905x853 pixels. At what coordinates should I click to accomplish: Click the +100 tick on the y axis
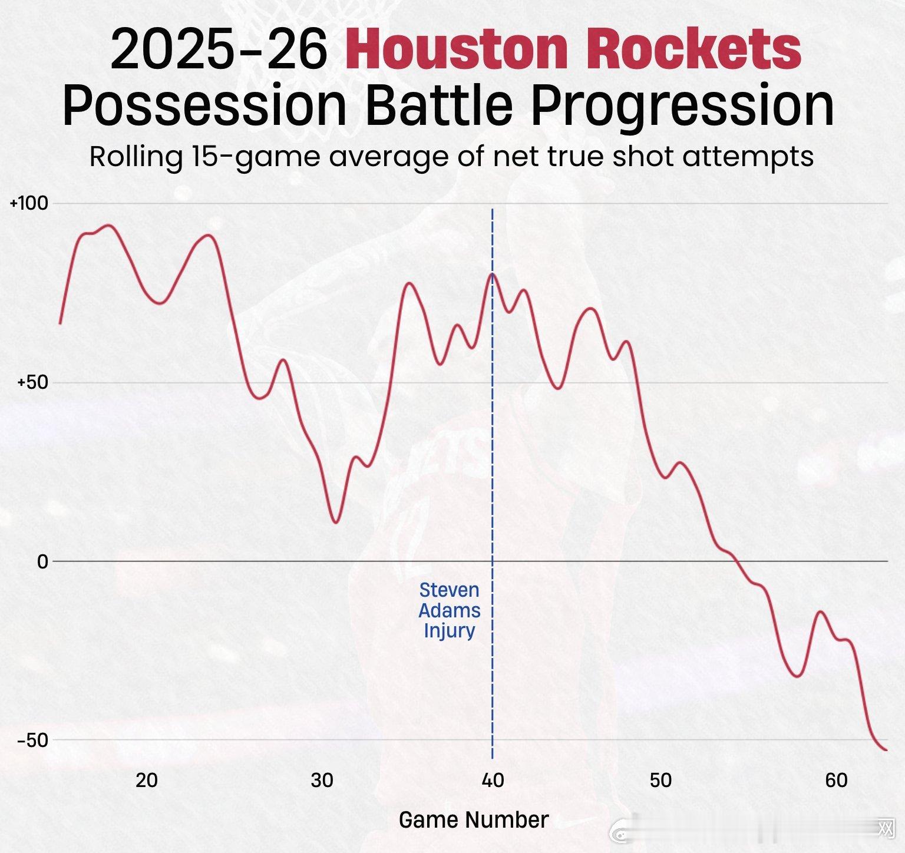28,204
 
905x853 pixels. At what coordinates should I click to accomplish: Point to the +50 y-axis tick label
31,382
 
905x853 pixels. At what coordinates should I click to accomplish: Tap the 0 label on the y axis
42,562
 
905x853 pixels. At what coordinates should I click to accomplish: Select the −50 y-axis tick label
31,740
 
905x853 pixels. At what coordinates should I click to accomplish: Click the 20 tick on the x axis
147,781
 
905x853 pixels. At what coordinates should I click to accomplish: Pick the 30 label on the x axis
322,781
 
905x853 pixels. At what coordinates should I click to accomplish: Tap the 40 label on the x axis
493,781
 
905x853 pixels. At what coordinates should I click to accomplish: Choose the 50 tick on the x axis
660,781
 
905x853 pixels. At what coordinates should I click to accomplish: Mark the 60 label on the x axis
836,781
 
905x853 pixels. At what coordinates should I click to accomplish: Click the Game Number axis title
474,819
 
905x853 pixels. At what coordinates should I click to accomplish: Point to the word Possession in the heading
204,106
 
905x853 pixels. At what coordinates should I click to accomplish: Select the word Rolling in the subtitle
136,157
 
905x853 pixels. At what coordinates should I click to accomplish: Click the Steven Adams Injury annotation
450,610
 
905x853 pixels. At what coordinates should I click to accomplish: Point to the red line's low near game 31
335,523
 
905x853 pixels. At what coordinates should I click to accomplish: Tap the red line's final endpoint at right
886,750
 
